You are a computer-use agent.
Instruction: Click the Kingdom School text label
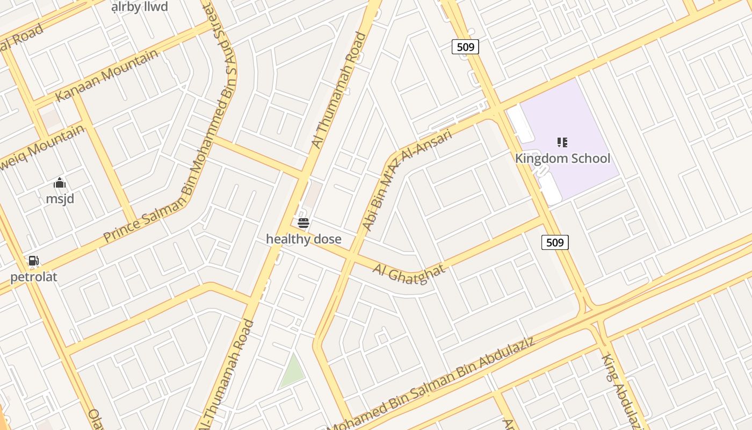562,158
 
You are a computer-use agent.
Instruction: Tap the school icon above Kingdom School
562,142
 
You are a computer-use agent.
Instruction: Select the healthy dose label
303,239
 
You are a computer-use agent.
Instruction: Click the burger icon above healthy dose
303,223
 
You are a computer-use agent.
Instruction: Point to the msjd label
60,199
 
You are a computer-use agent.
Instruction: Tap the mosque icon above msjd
60,183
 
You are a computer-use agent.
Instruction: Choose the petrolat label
33,277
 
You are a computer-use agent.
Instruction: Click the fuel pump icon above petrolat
33,261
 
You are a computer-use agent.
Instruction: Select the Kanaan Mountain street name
107,75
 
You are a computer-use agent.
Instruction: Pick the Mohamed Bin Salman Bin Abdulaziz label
432,385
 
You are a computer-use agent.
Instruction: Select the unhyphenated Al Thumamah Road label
339,90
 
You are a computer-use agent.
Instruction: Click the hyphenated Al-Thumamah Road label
226,376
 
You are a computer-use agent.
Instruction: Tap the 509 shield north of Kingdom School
465,47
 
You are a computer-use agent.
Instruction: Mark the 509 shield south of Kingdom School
554,242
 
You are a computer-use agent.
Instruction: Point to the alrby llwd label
140,6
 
